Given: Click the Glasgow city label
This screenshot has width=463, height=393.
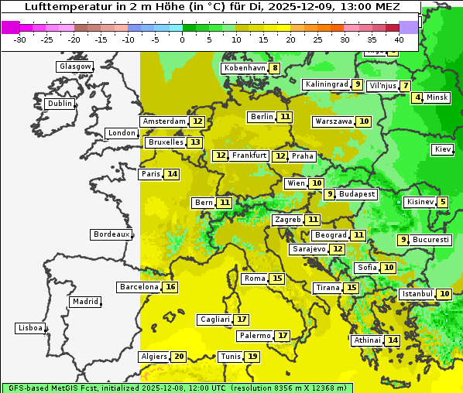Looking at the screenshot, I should pyautogui.click(x=74, y=67).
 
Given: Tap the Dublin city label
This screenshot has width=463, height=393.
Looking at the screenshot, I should pyautogui.click(x=59, y=104).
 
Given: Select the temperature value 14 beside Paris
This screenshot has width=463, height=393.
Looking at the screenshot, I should pyautogui.click(x=172, y=174).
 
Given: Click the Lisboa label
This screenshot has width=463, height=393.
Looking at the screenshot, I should pyautogui.click(x=30, y=328).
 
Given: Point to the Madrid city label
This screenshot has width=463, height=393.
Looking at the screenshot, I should pyautogui.click(x=84, y=302).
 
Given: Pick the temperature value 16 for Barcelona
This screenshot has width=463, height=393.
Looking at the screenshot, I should pyautogui.click(x=171, y=287).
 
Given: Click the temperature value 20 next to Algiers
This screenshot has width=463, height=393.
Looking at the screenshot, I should pyautogui.click(x=179, y=357).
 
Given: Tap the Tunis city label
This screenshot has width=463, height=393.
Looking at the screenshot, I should pyautogui.click(x=230, y=357).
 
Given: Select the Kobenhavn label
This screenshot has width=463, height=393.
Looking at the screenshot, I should pyautogui.click(x=245, y=68).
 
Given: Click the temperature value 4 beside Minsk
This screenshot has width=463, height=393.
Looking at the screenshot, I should pyautogui.click(x=417, y=97).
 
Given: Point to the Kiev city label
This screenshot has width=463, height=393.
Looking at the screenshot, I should pyautogui.click(x=443, y=149).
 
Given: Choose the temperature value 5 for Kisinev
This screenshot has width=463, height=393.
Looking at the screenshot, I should pyautogui.click(x=442, y=203).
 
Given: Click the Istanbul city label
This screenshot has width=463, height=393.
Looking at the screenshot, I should pyautogui.click(x=417, y=294).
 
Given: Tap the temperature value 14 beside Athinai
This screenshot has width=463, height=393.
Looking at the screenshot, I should pyautogui.click(x=393, y=340).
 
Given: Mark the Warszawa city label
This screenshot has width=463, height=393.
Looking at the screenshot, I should pyautogui.click(x=334, y=121).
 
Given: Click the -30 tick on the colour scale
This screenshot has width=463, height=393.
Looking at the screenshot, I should pyautogui.click(x=20, y=39).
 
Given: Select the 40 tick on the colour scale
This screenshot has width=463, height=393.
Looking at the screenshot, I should pyautogui.click(x=399, y=39).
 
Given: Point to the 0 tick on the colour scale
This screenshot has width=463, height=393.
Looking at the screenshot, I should pyautogui.click(x=182, y=39).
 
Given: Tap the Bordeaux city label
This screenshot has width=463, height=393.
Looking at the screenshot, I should pyautogui.click(x=111, y=234).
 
